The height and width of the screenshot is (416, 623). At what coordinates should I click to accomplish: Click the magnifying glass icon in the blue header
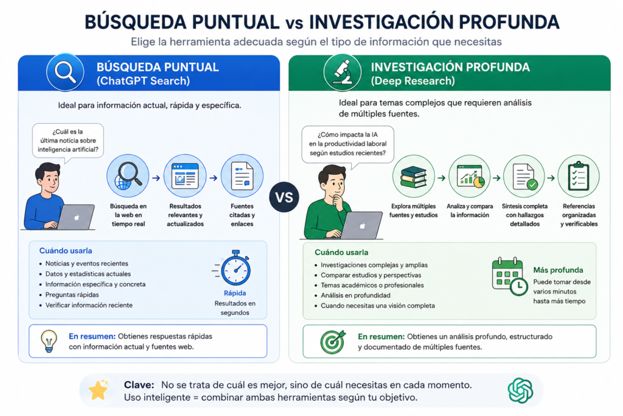point(65,72)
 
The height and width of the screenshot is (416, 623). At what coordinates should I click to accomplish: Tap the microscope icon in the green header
point(342,72)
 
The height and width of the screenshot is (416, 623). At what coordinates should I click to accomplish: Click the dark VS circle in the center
point(284,197)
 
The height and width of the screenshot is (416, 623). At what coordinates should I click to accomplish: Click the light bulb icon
point(49,341)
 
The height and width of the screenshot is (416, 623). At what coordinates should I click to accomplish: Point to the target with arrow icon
point(333,342)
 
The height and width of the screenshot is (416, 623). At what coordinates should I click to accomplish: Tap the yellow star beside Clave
point(99,390)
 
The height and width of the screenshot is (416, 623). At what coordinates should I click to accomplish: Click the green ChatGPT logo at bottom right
point(520,390)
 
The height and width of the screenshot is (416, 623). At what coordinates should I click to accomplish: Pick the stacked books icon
point(413,176)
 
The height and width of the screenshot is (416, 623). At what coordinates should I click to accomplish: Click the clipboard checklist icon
point(579,176)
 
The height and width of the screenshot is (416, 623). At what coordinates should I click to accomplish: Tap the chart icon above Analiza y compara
point(470,176)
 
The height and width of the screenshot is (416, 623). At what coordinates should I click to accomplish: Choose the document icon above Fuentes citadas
point(242,175)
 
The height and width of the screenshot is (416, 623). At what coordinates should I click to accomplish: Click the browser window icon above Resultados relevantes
point(185,175)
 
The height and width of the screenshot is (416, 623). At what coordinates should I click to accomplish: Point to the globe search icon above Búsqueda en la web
point(128,175)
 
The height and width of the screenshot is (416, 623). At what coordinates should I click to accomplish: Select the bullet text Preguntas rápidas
point(72,295)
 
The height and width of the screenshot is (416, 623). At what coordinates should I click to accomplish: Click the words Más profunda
point(558,270)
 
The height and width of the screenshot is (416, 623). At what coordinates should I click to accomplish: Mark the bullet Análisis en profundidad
point(355,295)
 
